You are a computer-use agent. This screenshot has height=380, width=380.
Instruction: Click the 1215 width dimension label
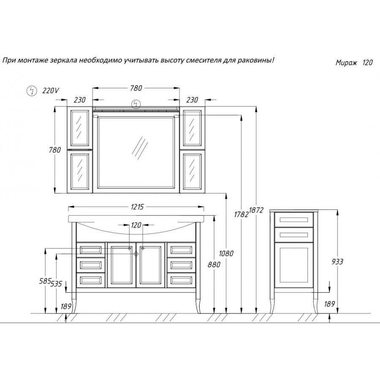pyautogui.click(x=137, y=207)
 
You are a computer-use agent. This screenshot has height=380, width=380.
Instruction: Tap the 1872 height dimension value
pyautogui.click(x=256, y=210)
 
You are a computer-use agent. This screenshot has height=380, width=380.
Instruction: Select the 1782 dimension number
pyautogui.click(x=242, y=214)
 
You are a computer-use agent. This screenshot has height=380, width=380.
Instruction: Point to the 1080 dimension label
pyautogui.click(x=226, y=253)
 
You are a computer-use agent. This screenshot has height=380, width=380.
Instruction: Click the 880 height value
pyautogui.click(x=214, y=264)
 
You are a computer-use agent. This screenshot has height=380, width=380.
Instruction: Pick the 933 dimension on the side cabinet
pyautogui.click(x=337, y=262)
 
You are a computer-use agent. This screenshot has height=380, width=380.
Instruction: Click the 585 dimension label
pyautogui.click(x=45, y=281)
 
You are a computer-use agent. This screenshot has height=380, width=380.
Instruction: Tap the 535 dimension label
pyautogui.click(x=57, y=284)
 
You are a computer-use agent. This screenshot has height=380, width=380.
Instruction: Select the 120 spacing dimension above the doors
pyautogui.click(x=136, y=225)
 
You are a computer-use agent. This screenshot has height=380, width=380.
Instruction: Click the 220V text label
pyautogui.click(x=51, y=91)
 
